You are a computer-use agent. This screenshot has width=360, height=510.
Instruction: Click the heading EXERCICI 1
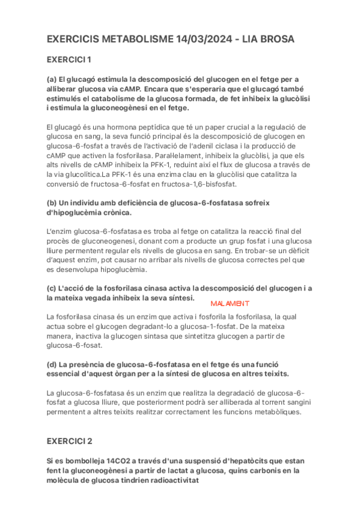tap(69, 60)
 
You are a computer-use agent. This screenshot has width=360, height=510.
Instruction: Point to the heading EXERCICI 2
tap(69, 441)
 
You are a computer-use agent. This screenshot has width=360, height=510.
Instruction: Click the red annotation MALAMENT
tap(230, 304)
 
